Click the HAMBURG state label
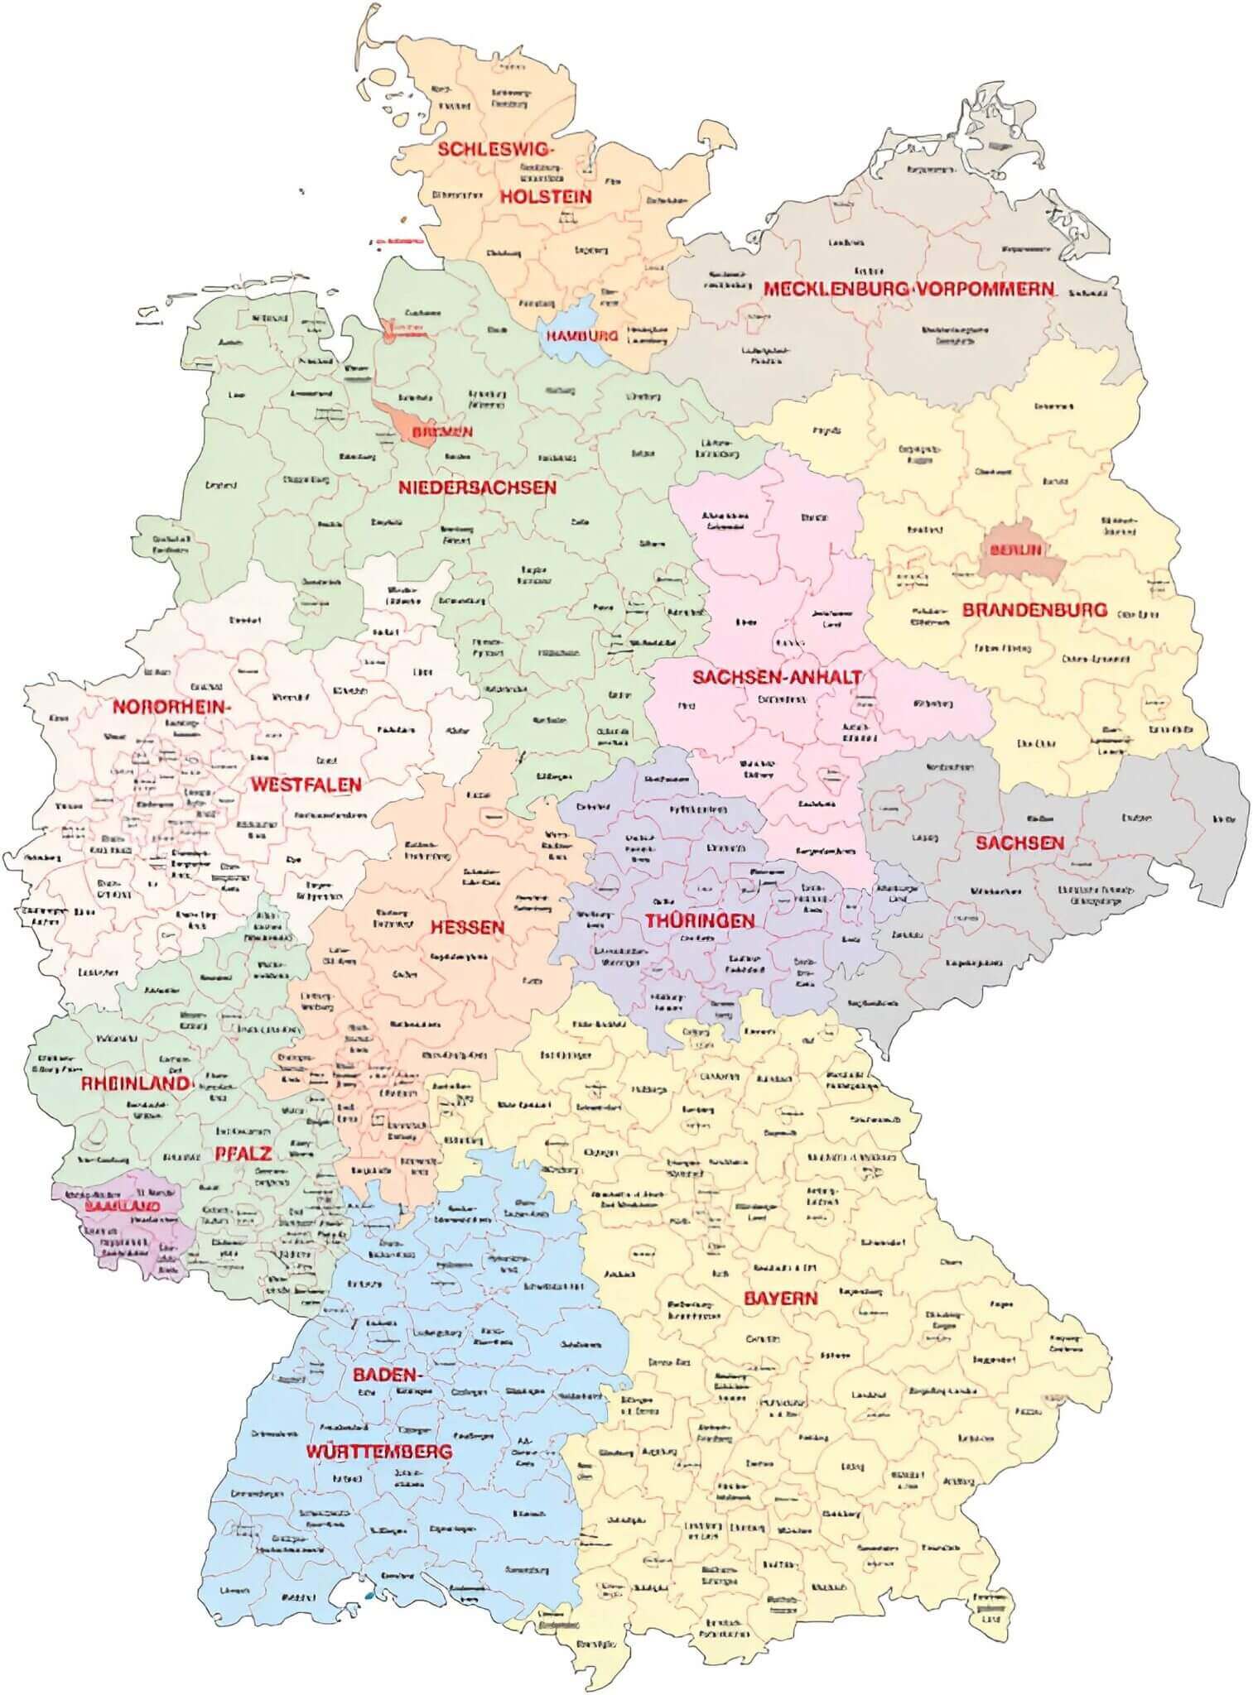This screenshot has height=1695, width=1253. tap(582, 336)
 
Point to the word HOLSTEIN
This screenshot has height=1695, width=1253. tap(545, 196)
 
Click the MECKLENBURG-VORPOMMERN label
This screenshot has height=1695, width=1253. tap(908, 290)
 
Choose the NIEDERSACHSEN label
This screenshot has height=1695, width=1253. tap(477, 487)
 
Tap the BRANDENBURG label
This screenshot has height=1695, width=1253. tap(1034, 610)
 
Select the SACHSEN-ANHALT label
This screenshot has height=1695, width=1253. tap(776, 677)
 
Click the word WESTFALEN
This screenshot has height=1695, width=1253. tap(306, 784)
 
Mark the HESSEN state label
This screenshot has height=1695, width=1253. tap(467, 927)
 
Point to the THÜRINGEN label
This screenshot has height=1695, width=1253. tap(701, 920)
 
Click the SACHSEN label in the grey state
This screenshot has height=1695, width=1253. tap(1019, 843)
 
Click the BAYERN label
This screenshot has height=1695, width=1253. tap(779, 1298)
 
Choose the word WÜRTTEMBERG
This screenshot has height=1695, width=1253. tap(378, 1452)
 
